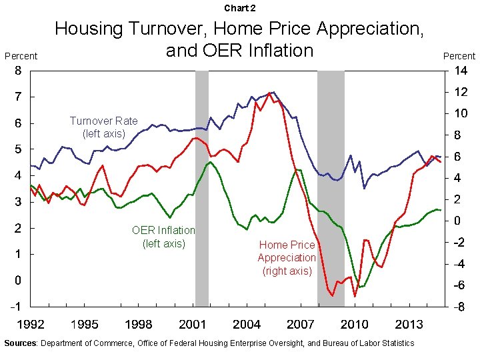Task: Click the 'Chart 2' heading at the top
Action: [239, 8]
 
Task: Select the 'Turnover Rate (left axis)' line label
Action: [103, 127]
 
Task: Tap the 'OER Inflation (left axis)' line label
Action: [163, 237]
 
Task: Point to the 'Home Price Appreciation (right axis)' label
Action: [287, 257]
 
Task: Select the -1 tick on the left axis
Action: [16, 307]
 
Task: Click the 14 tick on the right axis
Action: [461, 71]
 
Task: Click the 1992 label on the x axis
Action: [31, 325]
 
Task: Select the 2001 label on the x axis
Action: [193, 325]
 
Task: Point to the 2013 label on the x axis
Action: [409, 325]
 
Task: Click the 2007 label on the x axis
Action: [301, 325]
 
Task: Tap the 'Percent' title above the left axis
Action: [21, 56]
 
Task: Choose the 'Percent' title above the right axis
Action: [459, 56]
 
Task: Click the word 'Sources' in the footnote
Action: [21, 343]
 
